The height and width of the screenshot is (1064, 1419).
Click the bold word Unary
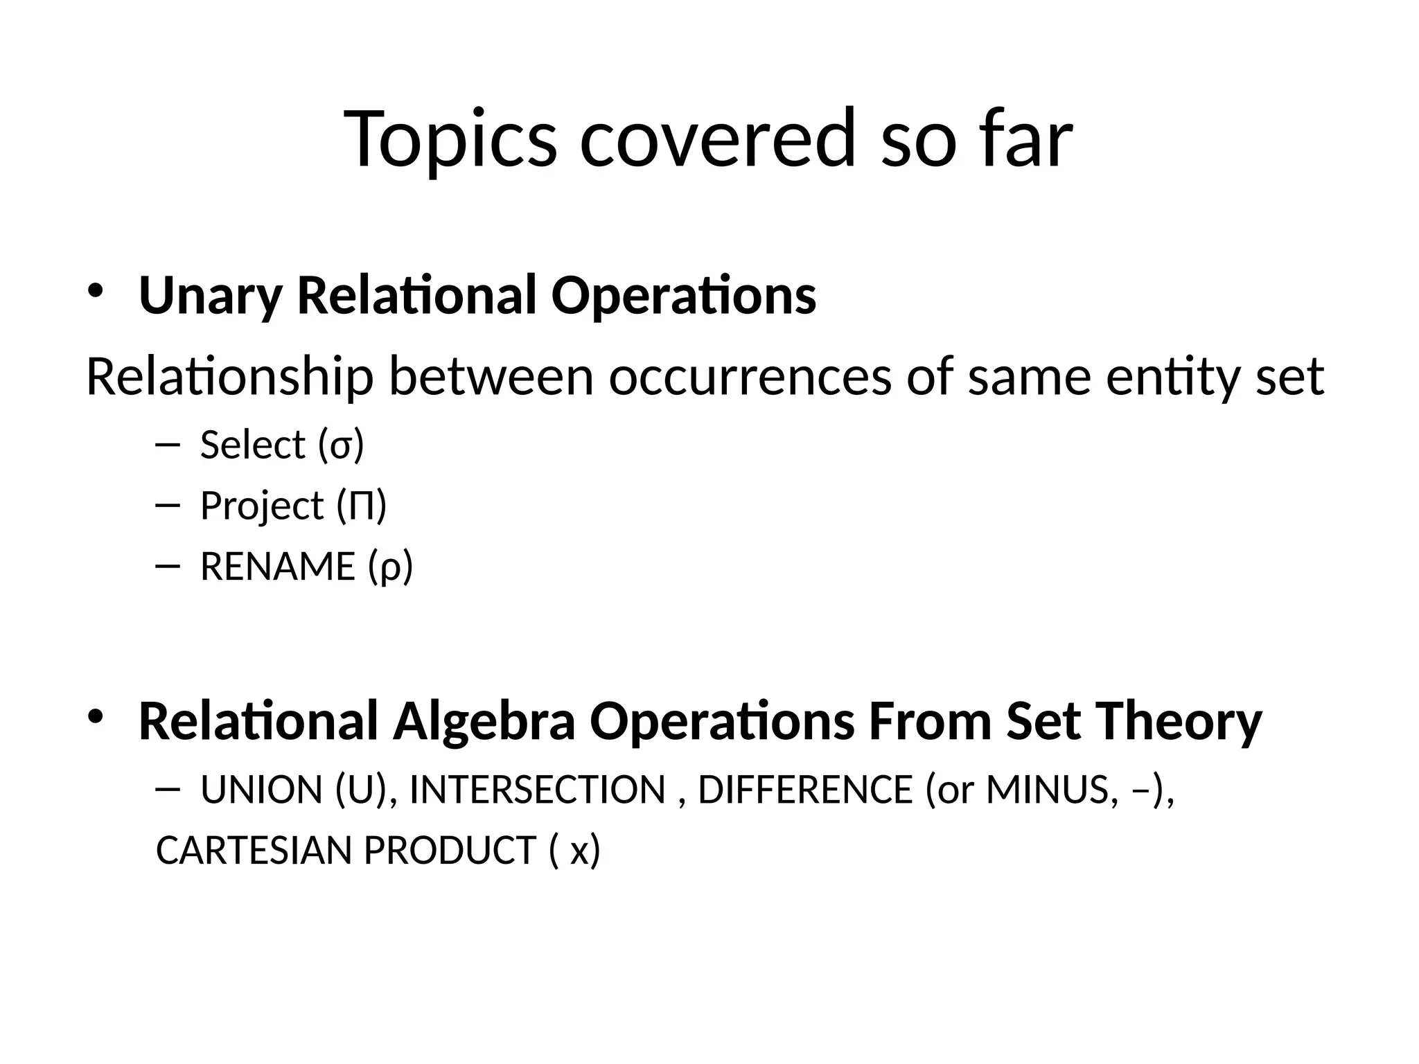point(210,296)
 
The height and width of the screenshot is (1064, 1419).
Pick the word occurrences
point(750,378)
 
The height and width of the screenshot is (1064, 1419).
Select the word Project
point(262,506)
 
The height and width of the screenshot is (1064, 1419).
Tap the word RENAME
point(277,567)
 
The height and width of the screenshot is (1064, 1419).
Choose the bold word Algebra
point(484,722)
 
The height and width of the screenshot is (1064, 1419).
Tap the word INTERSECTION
point(538,790)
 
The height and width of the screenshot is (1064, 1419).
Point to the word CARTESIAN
point(254,851)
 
